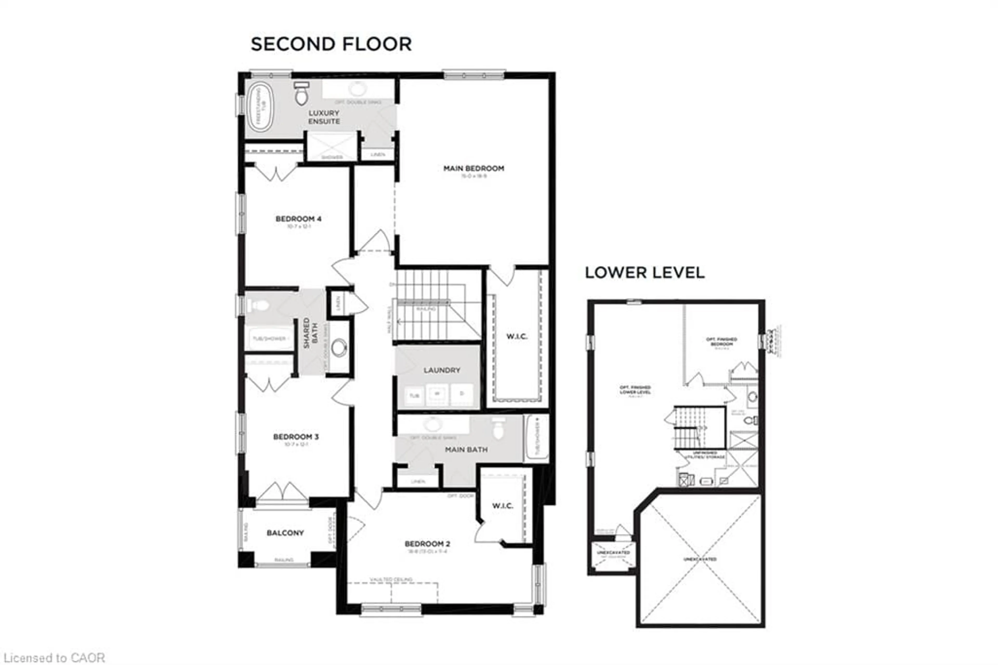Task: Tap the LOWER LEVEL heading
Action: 645,273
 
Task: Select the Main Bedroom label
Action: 474,168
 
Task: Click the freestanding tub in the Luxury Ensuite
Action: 260,107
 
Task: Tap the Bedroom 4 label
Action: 298,219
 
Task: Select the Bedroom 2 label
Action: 427,544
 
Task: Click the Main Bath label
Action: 466,449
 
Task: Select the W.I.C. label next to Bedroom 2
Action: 502,506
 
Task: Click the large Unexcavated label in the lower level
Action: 700,559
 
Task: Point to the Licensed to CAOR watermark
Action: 53,658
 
